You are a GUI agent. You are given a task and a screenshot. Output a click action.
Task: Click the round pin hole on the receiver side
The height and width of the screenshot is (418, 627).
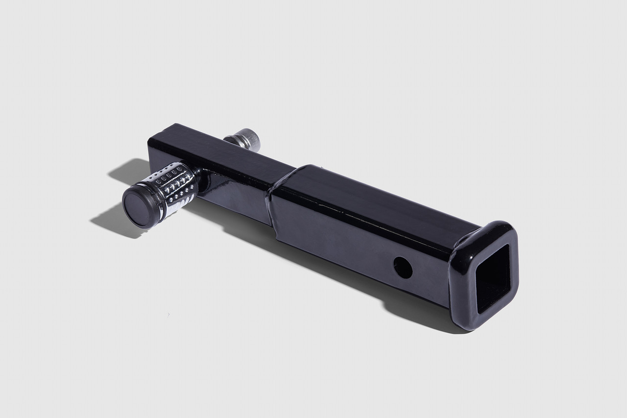[403, 268]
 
